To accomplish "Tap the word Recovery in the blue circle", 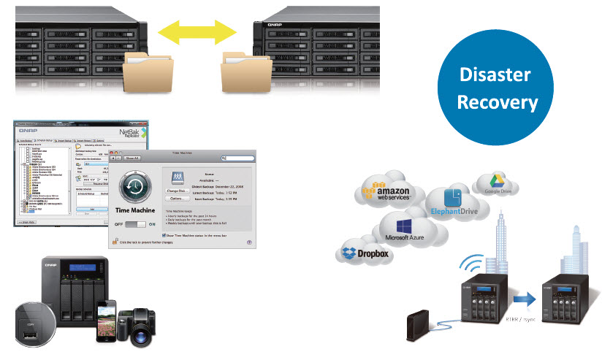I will pyautogui.click(x=497, y=102).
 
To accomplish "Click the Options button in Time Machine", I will pyautogui.click(x=175, y=199).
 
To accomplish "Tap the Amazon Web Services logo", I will pyautogui.click(x=383, y=193).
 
